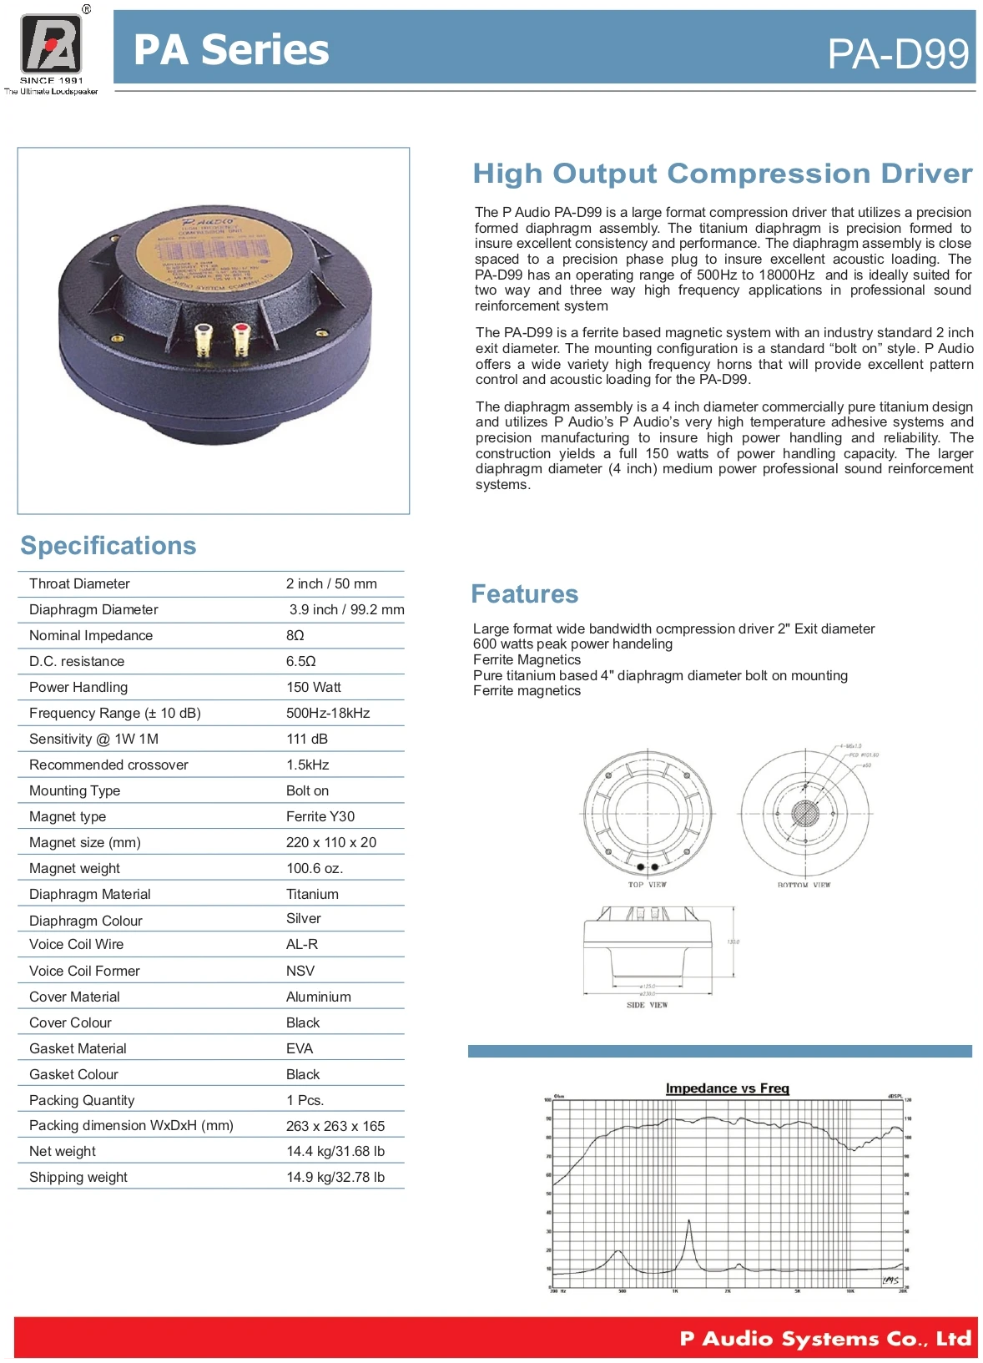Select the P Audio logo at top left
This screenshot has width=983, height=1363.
tap(51, 46)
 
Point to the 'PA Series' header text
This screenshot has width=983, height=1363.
tap(231, 50)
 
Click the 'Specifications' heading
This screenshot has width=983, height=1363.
tap(108, 545)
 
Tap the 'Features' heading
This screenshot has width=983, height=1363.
tap(524, 593)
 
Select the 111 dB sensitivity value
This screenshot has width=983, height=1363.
tap(307, 739)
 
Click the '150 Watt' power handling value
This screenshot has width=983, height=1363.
tap(313, 687)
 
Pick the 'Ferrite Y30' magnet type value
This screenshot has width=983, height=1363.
tap(320, 816)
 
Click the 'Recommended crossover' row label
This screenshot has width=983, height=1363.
tap(108, 765)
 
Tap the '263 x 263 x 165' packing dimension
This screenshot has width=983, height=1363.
tap(335, 1126)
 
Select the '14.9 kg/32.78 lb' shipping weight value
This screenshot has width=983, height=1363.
tap(335, 1177)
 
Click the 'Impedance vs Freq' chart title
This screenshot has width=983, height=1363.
tap(727, 1088)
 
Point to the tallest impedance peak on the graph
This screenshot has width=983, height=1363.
tap(689, 1224)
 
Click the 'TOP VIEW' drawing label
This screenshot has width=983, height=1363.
tap(647, 885)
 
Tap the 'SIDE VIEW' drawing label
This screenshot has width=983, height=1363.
tap(647, 1005)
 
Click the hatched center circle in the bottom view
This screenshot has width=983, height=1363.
tap(805, 813)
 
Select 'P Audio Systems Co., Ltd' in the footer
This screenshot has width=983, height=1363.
tap(825, 1339)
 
